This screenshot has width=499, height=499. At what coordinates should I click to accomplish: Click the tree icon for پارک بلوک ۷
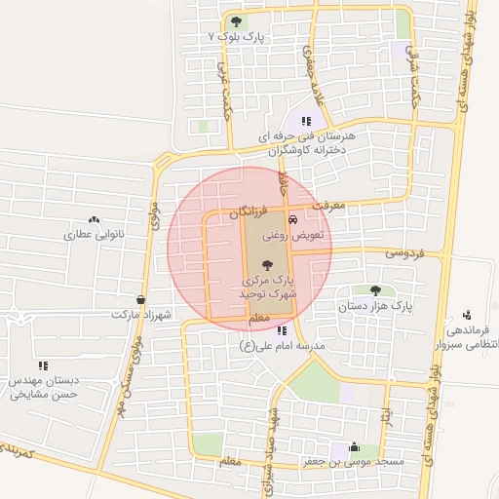[x=235, y=20]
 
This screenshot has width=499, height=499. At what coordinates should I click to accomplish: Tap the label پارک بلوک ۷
[x=237, y=36]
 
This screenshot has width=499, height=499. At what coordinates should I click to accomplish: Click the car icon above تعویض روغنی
[x=293, y=219]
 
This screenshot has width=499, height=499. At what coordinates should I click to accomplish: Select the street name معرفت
[x=328, y=205]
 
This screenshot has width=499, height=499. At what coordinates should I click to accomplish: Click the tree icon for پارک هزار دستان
[x=375, y=289]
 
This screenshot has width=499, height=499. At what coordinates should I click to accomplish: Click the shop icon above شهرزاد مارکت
[x=141, y=299]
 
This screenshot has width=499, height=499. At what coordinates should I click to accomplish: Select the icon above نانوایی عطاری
[x=94, y=219]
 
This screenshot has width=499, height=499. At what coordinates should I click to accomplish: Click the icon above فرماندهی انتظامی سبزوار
[x=468, y=314]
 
